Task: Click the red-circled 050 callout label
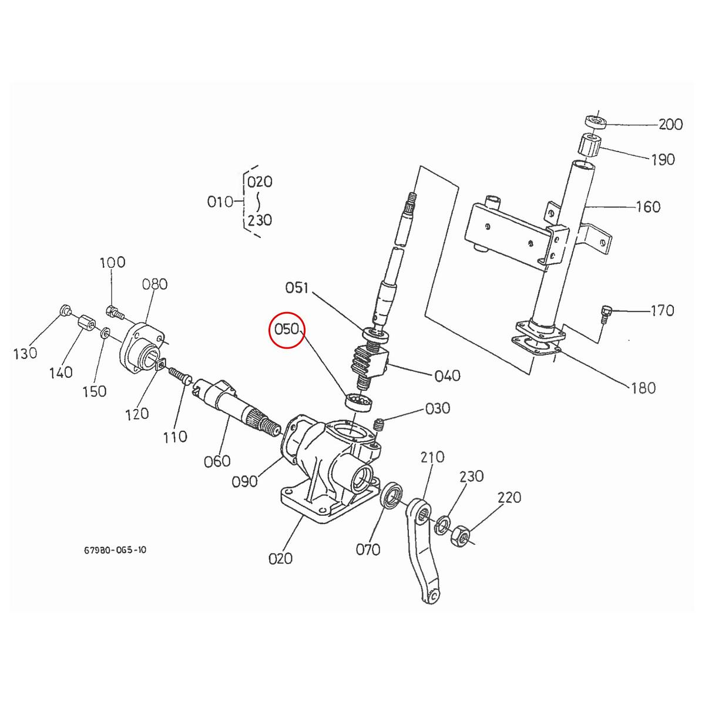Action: pyautogui.click(x=287, y=328)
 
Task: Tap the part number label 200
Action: pyautogui.click(x=670, y=125)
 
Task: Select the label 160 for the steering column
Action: pyautogui.click(x=648, y=207)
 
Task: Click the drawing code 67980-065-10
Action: pyautogui.click(x=115, y=550)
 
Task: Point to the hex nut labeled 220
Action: pyautogui.click(x=461, y=535)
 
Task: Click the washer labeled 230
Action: pyautogui.click(x=442, y=525)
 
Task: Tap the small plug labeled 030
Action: pyautogui.click(x=379, y=423)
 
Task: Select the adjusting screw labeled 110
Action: pyautogui.click(x=177, y=375)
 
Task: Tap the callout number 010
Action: pyautogui.click(x=220, y=202)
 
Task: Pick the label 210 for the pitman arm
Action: pyautogui.click(x=432, y=457)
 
